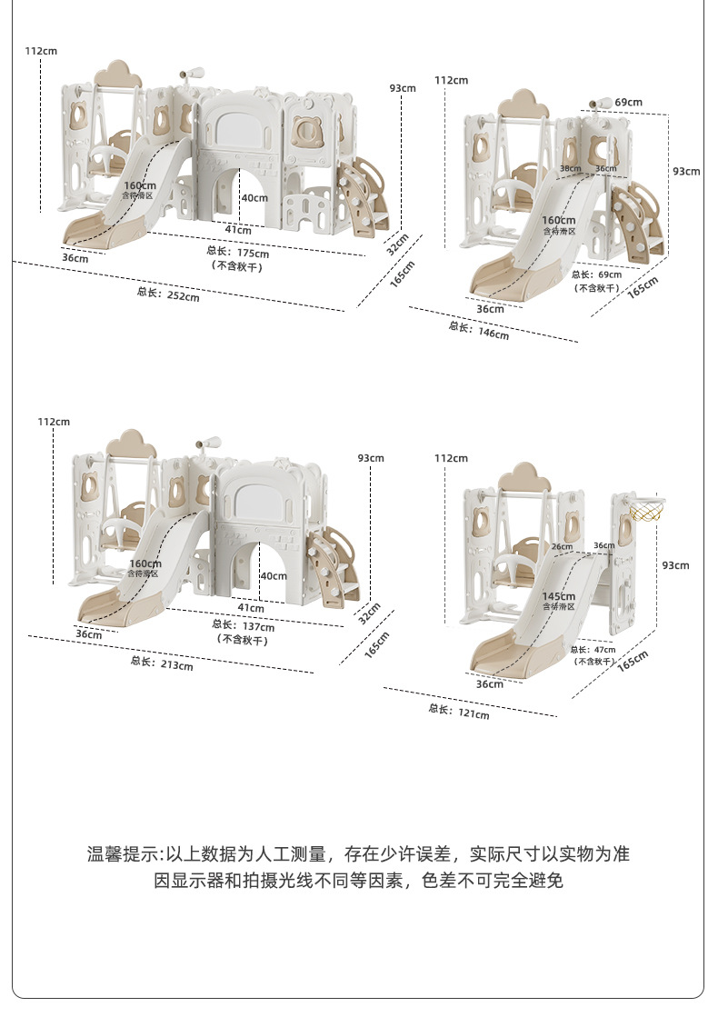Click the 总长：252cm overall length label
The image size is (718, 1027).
pos(168,294)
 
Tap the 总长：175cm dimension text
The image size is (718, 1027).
pos(237,252)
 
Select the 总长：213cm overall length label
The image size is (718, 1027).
pos(162,663)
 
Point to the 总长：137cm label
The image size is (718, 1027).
pos(243,625)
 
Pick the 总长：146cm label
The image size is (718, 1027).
pos(478,330)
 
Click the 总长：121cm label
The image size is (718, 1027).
pos(459,711)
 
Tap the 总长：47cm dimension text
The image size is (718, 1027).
pos(593,650)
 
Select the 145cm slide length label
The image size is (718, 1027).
pos(559,596)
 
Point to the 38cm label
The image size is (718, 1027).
pos(570,169)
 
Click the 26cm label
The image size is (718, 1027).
pos(562,546)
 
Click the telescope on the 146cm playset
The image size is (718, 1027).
pos(599,104)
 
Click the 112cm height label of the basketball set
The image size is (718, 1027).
pos(451,458)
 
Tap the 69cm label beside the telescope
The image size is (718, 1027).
pos(628,102)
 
